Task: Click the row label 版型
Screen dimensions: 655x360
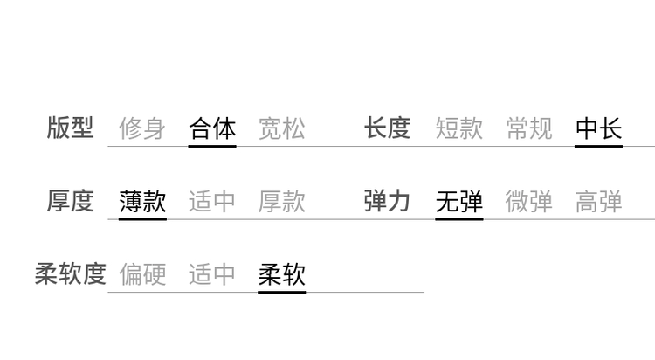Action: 70,128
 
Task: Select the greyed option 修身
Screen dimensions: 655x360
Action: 142,128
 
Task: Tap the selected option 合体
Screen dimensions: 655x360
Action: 212,128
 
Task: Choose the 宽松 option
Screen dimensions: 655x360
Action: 282,128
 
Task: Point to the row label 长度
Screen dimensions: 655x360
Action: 387,128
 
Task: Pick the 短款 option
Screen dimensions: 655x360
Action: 459,128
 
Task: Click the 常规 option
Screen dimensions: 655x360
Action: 529,128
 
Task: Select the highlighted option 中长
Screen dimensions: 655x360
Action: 598,128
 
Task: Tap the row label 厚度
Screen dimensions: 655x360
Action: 70,201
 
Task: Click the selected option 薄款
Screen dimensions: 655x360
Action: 142,202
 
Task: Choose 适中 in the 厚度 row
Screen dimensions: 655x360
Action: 212,202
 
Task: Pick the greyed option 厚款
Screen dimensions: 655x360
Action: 282,202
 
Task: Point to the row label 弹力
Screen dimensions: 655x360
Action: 387,201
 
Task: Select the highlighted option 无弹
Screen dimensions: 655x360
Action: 459,202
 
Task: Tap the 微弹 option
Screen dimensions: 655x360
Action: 529,202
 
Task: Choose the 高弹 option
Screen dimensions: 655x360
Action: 598,202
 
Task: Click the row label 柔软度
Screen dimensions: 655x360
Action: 70,273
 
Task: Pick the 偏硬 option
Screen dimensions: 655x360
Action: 142,274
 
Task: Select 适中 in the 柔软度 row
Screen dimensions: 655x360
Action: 212,274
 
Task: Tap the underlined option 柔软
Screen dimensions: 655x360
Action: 282,274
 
